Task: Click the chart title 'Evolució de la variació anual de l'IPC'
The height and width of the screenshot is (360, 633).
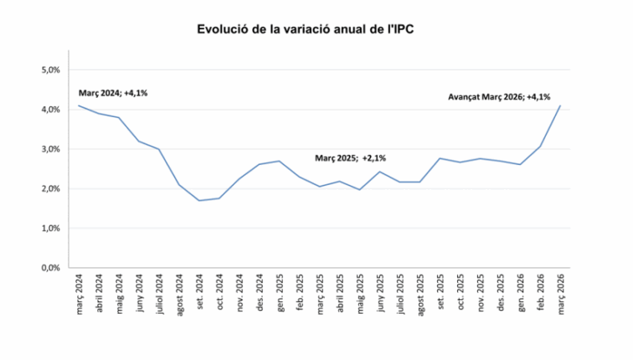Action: click(x=306, y=29)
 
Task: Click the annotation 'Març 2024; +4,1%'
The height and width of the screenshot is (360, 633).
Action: click(x=112, y=93)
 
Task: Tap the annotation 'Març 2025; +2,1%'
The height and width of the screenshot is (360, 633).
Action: click(x=350, y=157)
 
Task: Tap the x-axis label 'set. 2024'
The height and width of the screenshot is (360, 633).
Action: click(x=200, y=293)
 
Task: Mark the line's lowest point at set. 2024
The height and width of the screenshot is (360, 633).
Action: click(x=199, y=200)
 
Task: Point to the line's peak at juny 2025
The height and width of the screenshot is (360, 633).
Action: click(x=380, y=172)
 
